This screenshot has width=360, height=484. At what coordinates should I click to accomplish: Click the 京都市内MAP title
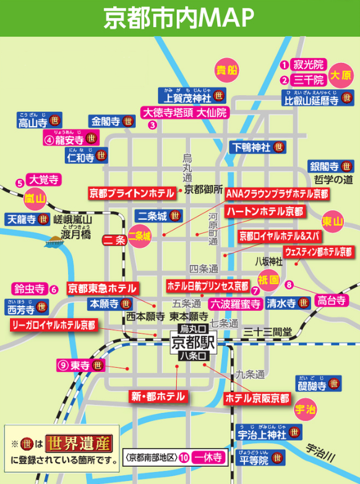(x=179, y=17)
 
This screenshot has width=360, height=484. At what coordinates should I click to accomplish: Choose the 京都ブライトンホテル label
(x=131, y=193)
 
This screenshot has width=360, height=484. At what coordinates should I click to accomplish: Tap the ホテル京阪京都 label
(x=256, y=397)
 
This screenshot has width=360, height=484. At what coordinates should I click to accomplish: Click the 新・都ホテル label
(x=158, y=396)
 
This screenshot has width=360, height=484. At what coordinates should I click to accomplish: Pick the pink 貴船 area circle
(x=226, y=70)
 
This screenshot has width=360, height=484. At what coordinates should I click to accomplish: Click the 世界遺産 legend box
(x=79, y=443)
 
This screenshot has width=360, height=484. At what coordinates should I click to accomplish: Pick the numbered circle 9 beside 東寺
(x=62, y=365)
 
